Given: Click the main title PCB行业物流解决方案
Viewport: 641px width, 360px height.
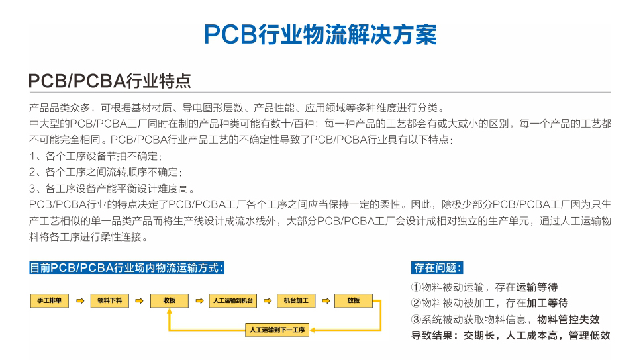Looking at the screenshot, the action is pos(320,34).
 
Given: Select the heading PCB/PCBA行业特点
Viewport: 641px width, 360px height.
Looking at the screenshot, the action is pos(109,81).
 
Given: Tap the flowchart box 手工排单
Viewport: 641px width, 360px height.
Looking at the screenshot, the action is pos(50,300).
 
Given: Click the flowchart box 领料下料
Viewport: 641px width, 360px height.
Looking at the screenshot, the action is pos(109,300).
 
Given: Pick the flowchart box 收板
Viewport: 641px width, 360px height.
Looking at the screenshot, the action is pos(170,300).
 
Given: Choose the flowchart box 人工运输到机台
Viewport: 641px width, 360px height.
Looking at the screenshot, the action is pos(233,300).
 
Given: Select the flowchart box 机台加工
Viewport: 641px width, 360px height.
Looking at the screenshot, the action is pos(296,300).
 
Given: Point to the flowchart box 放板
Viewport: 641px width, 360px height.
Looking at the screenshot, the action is pos(354,300).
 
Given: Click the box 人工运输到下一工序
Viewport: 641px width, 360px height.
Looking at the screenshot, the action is pos(277,330).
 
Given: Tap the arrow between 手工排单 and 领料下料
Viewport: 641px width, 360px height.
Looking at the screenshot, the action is pos(80,301).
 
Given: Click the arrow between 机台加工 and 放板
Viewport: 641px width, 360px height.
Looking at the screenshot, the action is pos(326,301).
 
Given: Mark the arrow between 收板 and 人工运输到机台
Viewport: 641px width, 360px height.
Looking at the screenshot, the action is pos(199,301).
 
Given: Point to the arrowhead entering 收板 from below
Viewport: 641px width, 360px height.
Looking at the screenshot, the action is pos(170,311).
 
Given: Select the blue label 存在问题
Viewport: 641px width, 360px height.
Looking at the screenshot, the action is pos(437,268).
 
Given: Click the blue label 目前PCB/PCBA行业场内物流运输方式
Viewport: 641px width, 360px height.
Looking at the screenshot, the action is pos(126,268).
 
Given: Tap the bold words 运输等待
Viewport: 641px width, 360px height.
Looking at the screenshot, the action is pos(537,287).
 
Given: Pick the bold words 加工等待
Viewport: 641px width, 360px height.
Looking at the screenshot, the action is pos(548,303).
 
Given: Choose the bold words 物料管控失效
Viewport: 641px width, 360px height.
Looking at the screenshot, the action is pos(568,320).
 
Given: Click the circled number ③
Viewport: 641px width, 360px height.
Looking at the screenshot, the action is pos(416,320).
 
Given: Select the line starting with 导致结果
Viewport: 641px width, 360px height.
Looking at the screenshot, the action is pos(511,336).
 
